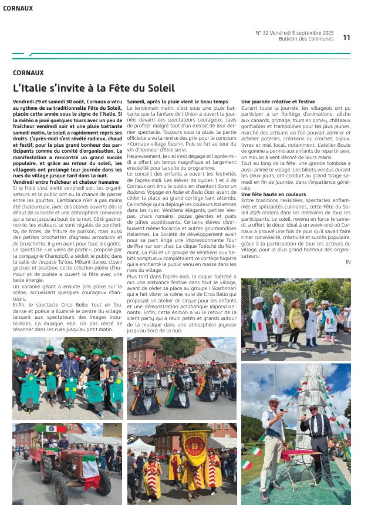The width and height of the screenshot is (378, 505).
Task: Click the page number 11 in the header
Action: (346, 38)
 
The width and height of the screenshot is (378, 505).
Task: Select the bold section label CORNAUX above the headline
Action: (28, 73)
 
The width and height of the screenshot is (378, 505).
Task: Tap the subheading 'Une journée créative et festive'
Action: (278, 102)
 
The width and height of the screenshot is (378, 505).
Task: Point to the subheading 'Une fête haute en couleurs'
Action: (274, 194)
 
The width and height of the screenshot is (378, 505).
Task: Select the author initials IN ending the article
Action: (348, 261)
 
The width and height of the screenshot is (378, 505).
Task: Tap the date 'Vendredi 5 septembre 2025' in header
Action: (305, 32)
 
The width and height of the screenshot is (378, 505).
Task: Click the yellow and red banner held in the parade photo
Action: (193, 449)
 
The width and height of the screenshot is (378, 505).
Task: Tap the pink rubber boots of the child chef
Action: (259, 351)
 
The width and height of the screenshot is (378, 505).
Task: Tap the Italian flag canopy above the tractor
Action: (50, 429)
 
